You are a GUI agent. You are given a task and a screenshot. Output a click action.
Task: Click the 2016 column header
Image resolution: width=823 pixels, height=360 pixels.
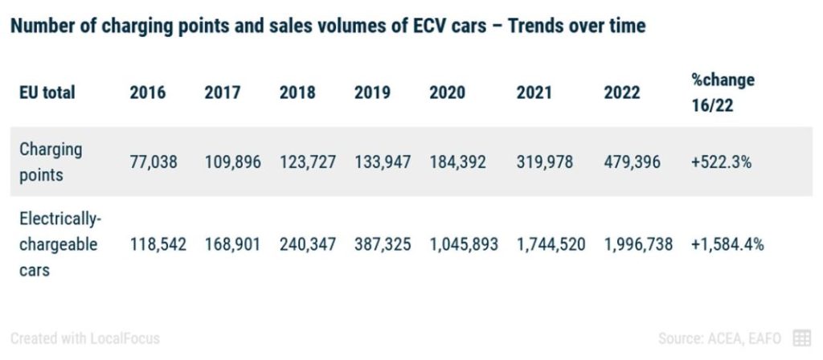coord(148,92)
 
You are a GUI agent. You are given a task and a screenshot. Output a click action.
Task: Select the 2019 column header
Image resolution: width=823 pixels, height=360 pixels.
coord(372,92)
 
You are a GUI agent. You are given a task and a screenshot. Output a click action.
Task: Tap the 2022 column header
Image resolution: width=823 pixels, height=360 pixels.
coord(622,92)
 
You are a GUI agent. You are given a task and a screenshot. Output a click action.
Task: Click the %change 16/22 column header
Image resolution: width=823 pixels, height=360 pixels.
coord(723,92)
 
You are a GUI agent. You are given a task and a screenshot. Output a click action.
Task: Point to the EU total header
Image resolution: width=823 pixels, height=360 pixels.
coord(47,92)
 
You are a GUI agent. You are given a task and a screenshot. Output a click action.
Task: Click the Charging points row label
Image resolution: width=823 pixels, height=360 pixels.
coord(51,162)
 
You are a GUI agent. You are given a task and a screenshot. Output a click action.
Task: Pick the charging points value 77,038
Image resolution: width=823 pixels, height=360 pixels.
coord(154,162)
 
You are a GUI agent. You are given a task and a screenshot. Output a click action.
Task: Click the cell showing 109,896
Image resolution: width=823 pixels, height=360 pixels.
coord(232,162)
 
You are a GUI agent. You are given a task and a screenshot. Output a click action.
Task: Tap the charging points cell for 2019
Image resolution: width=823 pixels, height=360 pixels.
coord(382,162)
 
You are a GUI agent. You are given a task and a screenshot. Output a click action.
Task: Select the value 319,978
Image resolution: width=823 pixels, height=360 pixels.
coord(545,162)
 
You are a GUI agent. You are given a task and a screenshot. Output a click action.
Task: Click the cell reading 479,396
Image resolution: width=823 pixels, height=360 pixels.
coord(632,162)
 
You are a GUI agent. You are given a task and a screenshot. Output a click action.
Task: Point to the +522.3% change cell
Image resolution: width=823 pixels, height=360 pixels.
coord(721,162)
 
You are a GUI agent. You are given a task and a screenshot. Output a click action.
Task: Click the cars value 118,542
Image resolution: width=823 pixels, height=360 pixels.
coord(158,243)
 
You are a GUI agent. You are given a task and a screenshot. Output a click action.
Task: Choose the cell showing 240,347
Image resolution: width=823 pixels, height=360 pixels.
coord(307,243)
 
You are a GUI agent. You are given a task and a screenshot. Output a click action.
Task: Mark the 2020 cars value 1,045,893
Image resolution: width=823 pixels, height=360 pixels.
coord(464,243)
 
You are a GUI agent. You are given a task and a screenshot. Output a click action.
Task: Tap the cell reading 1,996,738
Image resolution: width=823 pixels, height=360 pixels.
coord(638,243)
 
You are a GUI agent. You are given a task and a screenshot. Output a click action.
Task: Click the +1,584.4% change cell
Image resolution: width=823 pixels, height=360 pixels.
coord(727,243)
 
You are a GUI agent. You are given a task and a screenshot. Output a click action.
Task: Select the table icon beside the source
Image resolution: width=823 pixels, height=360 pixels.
coord(801,338)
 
